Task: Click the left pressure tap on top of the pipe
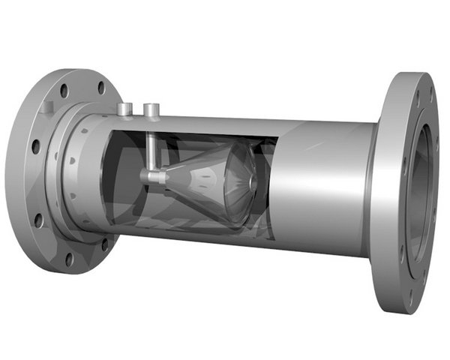[126, 109]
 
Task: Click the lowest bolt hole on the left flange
[69, 259]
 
